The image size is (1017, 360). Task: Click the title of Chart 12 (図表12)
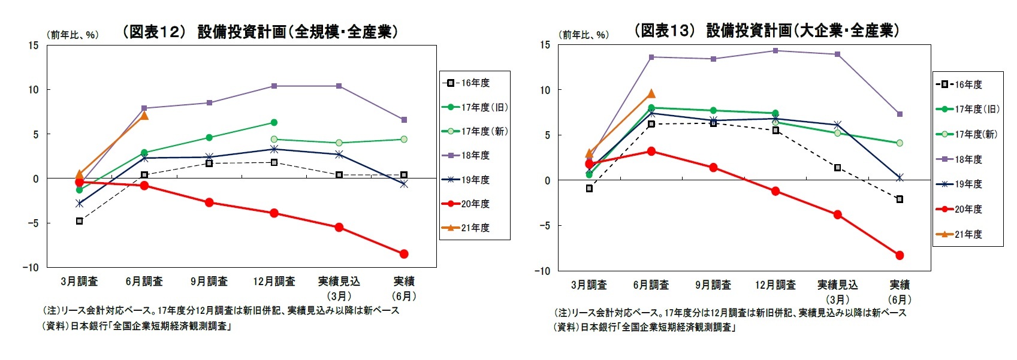point(259,32)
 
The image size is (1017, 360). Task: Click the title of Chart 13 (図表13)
point(766,31)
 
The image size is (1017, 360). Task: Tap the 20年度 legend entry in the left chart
point(475,204)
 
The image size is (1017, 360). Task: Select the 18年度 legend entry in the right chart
point(968,159)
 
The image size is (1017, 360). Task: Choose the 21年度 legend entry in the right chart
point(968,234)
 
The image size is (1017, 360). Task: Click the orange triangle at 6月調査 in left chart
point(144,115)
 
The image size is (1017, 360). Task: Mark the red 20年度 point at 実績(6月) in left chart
point(404,254)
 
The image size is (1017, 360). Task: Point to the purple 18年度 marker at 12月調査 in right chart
point(775,51)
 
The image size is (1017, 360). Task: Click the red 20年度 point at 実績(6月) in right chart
point(900,255)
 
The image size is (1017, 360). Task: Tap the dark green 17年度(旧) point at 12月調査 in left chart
point(274,122)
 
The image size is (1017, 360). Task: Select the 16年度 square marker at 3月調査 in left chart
point(80,221)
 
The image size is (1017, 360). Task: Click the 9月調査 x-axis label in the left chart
point(209,281)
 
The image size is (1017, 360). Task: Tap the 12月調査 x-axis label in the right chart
point(775,285)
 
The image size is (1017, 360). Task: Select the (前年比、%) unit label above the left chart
point(73,35)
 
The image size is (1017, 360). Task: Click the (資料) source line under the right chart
point(644,327)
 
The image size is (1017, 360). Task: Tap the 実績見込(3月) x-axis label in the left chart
point(339,288)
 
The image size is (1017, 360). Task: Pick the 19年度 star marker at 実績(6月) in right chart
point(900,177)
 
